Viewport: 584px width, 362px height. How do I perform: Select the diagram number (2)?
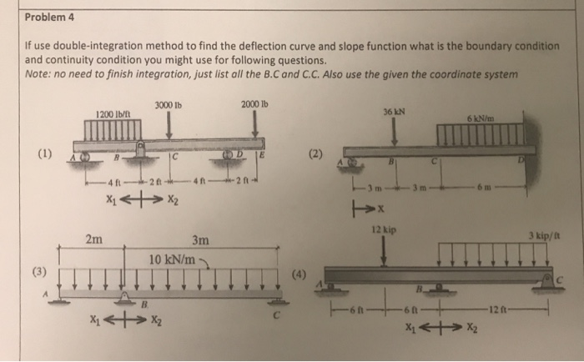click(x=314, y=153)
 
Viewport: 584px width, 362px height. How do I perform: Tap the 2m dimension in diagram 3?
click(x=93, y=240)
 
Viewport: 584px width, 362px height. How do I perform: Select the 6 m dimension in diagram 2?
click(x=506, y=188)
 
